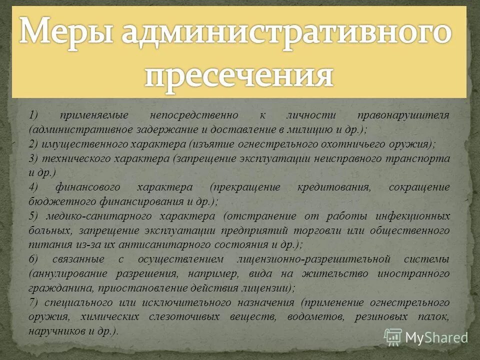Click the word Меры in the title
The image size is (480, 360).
[x=64, y=33]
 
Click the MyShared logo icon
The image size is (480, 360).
[x=393, y=337]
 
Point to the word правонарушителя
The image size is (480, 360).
[x=404, y=115]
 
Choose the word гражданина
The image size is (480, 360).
[x=55, y=288]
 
